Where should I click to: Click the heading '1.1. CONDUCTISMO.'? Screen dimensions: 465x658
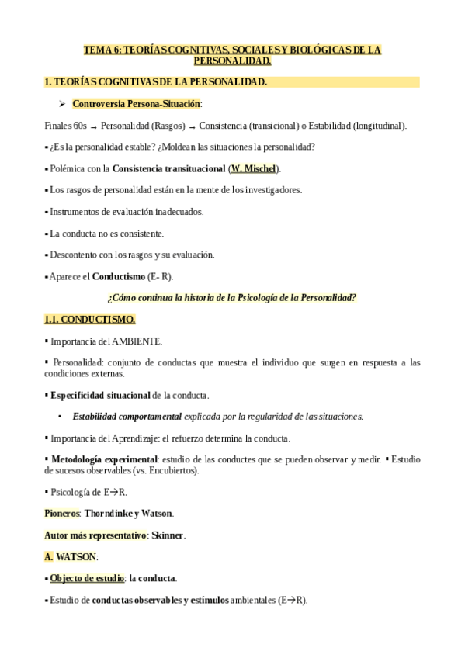click(x=90, y=319)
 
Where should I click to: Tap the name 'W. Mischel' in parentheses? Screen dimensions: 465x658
click(x=253, y=168)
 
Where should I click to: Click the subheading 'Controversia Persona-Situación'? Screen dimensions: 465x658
click(x=136, y=103)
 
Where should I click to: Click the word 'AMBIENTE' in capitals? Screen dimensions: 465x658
click(x=137, y=341)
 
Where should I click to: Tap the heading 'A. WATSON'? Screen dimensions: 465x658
click(x=71, y=557)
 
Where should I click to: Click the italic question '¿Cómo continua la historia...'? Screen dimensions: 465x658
click(x=232, y=298)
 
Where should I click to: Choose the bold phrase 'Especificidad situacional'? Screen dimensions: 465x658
click(x=100, y=395)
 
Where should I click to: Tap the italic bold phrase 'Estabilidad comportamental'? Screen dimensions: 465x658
click(x=127, y=417)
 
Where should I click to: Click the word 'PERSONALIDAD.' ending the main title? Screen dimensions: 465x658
click(x=232, y=61)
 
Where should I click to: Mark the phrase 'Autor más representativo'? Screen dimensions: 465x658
click(x=95, y=535)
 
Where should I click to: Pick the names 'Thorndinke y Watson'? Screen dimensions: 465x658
click(x=129, y=514)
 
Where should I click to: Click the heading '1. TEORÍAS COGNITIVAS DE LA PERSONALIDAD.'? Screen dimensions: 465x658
click(x=155, y=81)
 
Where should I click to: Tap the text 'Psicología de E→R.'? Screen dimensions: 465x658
click(x=88, y=492)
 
